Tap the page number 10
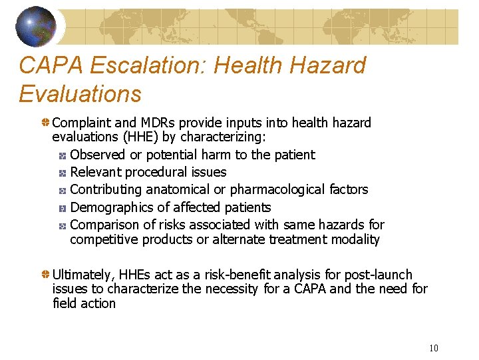coord(433,348)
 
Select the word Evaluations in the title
coord(80,94)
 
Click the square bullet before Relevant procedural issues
coord(61,173)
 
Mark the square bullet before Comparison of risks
coord(61,225)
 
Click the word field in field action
coord(64,303)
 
